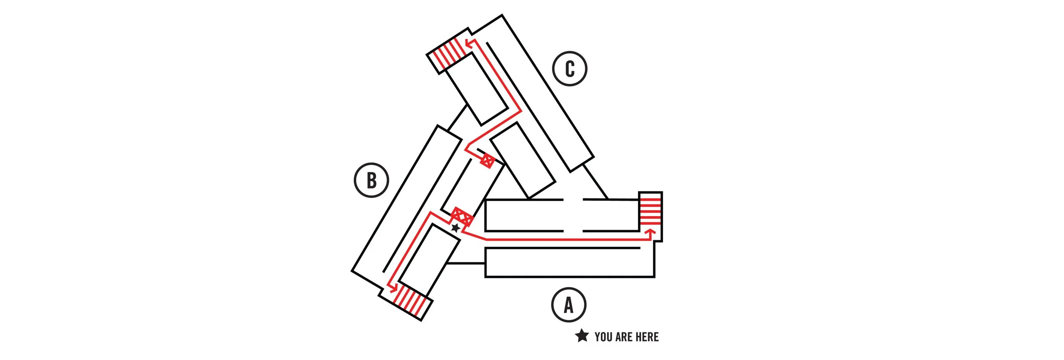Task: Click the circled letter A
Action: tap(569, 305)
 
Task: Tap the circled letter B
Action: tap(371, 180)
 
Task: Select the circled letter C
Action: tap(569, 69)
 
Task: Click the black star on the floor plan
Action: tap(455, 228)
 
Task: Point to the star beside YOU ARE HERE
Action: tap(581, 336)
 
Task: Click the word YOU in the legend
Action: tap(603, 337)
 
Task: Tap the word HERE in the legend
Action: tap(647, 337)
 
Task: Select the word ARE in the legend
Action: tap(624, 337)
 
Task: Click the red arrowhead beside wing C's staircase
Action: tap(469, 43)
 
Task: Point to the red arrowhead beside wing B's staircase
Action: tap(393, 288)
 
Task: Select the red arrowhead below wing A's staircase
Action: tap(650, 232)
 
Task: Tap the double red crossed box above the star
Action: tap(462, 217)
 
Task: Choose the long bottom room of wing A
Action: tap(569, 263)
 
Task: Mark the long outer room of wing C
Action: tap(541, 94)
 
